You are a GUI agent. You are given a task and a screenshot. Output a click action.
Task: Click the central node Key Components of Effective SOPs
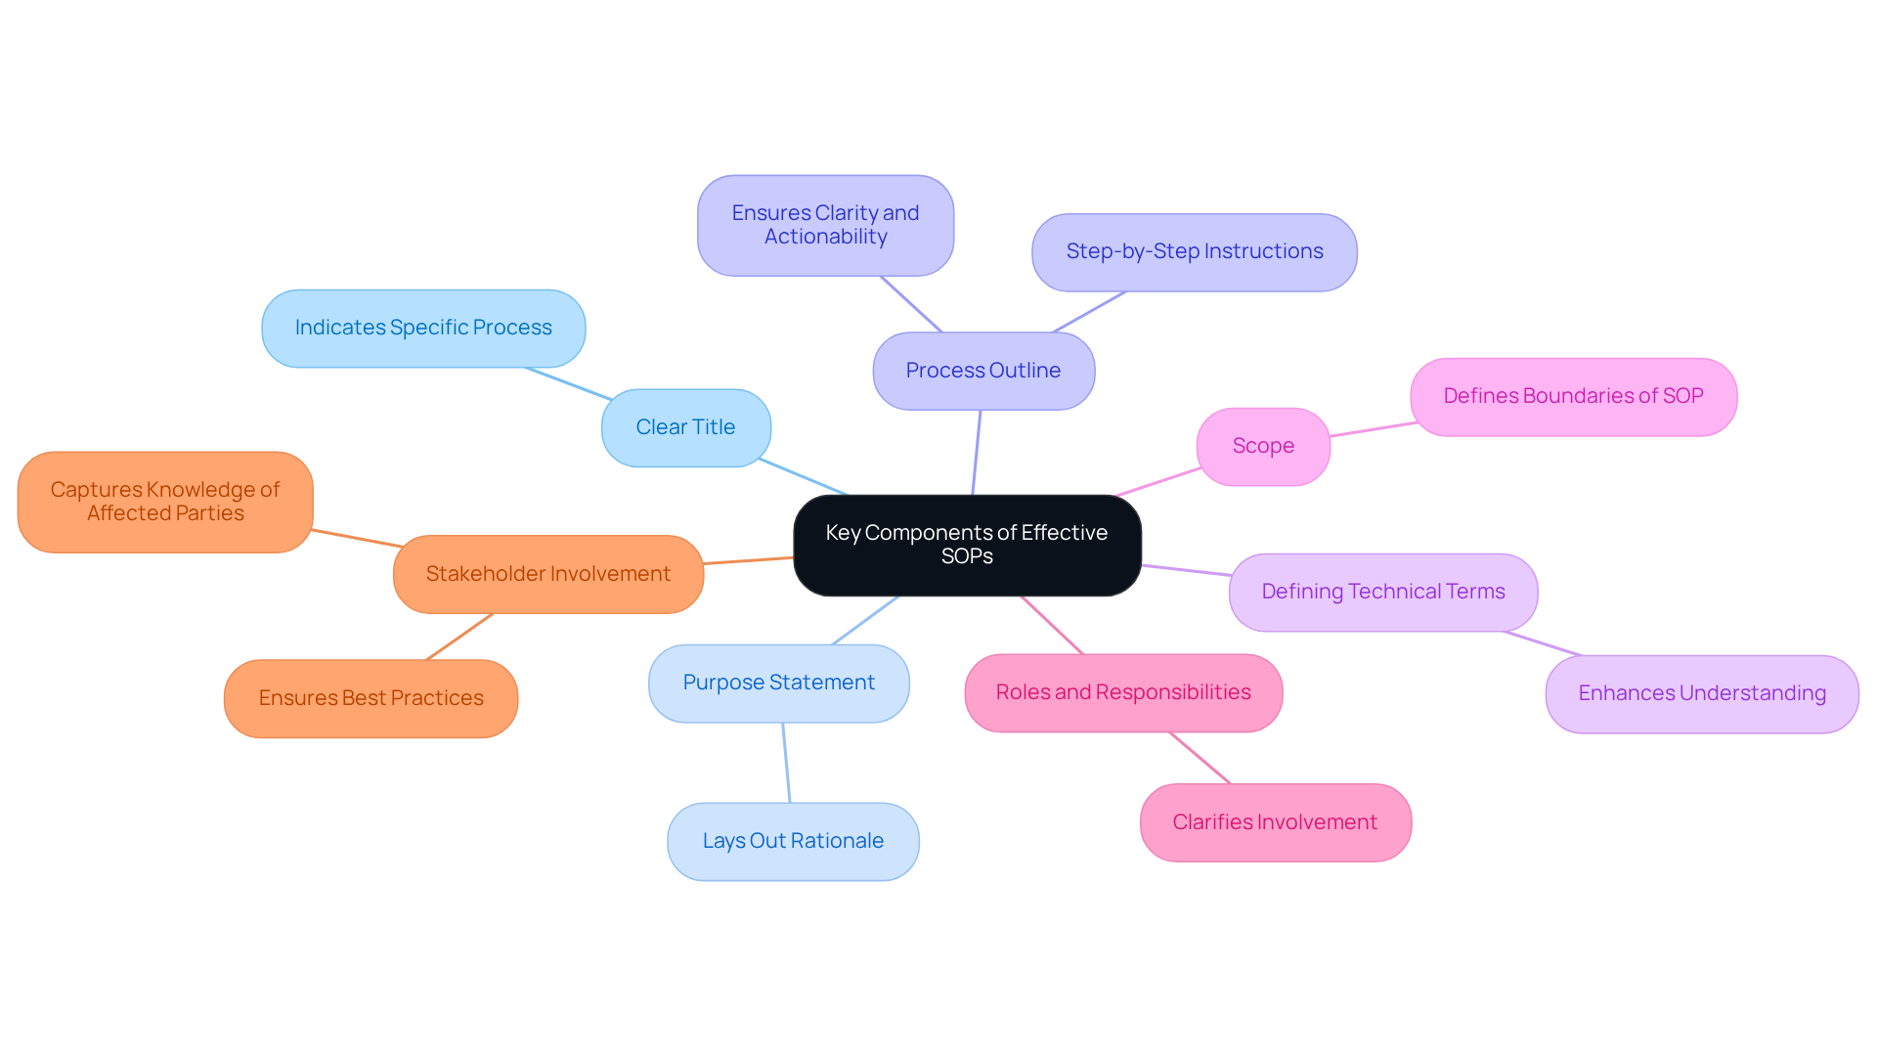pos(967,545)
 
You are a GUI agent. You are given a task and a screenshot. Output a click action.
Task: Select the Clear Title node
pos(685,427)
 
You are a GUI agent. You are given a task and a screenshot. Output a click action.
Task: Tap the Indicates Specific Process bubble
pos(423,328)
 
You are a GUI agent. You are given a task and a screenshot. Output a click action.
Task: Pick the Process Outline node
pos(982,371)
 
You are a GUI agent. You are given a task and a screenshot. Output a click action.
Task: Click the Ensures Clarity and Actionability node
pos(825,225)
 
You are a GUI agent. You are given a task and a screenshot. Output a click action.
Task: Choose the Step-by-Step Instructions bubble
pos(1194,251)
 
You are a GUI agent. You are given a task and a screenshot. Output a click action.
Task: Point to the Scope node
pos(1263,446)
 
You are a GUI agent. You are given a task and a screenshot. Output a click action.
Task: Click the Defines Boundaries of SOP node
pos(1573,396)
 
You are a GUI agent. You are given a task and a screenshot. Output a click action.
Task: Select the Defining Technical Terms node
pos(1382,592)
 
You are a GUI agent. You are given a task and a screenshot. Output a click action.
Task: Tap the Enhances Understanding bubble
pos(1701,693)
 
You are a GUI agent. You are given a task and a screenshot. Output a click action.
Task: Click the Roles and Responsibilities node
pos(1122,692)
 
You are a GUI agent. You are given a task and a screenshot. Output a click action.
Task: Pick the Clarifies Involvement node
pos(1275,822)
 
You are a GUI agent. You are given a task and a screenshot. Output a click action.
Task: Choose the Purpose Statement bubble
pos(778,683)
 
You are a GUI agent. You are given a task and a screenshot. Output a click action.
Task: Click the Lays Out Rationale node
pos(793,841)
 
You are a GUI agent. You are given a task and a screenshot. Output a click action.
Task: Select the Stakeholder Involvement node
pos(547,574)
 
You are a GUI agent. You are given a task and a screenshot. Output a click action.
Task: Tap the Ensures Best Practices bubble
pos(371,698)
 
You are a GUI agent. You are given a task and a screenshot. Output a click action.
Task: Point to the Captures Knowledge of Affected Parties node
pos(165,502)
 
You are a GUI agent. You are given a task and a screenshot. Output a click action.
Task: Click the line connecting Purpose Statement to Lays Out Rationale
pos(786,763)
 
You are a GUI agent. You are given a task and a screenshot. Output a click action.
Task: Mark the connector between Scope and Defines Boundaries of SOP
pos(1372,429)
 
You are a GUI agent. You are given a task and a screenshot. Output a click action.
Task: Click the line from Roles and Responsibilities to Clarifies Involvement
pos(1200,758)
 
